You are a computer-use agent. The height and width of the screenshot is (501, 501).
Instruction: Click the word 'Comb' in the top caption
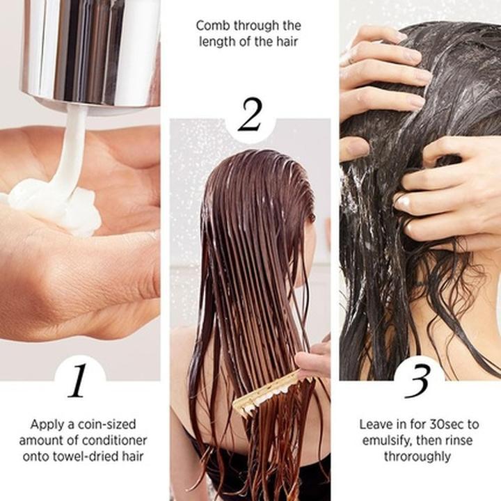pyautogui.click(x=211, y=26)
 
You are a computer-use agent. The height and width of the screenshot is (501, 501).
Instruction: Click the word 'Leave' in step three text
pyautogui.click(x=377, y=423)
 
